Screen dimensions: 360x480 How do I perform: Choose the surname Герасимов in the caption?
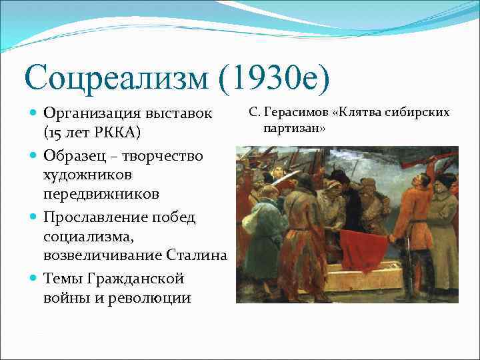click(292, 111)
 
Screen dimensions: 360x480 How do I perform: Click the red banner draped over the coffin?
click(363, 250)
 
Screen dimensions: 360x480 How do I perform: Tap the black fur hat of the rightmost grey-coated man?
click(445, 180)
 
